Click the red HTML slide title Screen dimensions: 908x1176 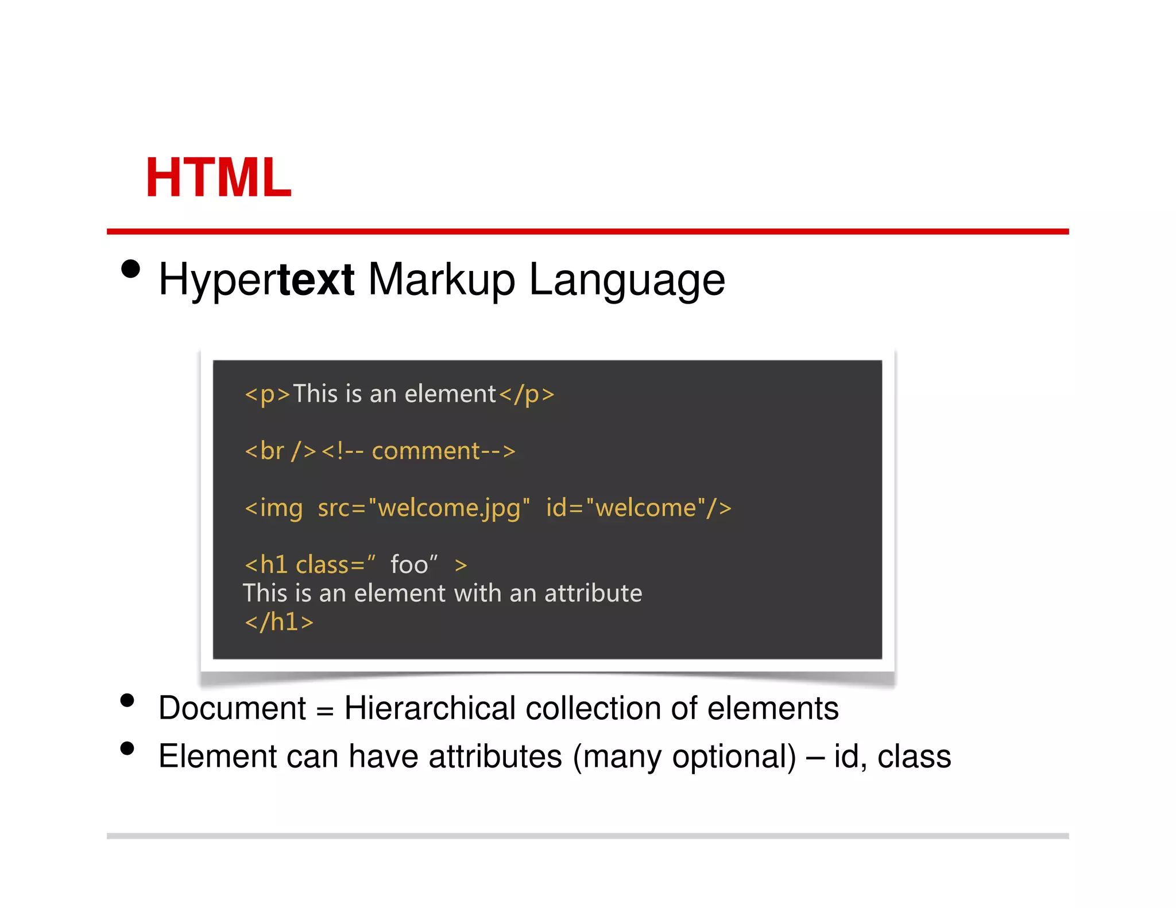(219, 178)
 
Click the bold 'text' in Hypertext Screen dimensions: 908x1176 (316, 280)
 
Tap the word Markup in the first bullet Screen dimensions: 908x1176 (441, 281)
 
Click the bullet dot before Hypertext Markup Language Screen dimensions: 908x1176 (131, 269)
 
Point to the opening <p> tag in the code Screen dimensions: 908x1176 (268, 394)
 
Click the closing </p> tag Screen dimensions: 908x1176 (527, 394)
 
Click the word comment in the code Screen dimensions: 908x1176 (425, 451)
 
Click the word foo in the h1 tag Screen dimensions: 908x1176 (409, 565)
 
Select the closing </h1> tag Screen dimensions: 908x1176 (279, 622)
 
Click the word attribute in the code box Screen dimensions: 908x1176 (593, 593)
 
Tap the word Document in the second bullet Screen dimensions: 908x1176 (233, 708)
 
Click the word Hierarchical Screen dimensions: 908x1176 (430, 708)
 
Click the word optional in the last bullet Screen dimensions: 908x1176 (733, 756)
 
